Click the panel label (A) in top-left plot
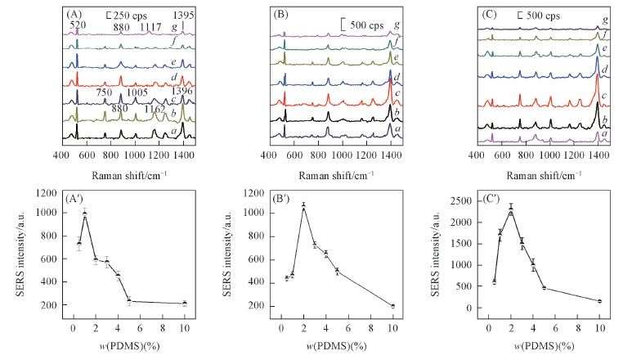(x=70, y=14)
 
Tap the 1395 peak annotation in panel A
(x=182, y=15)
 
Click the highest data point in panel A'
(x=84, y=214)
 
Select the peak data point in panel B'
(x=303, y=207)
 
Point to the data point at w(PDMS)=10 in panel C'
(x=599, y=301)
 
